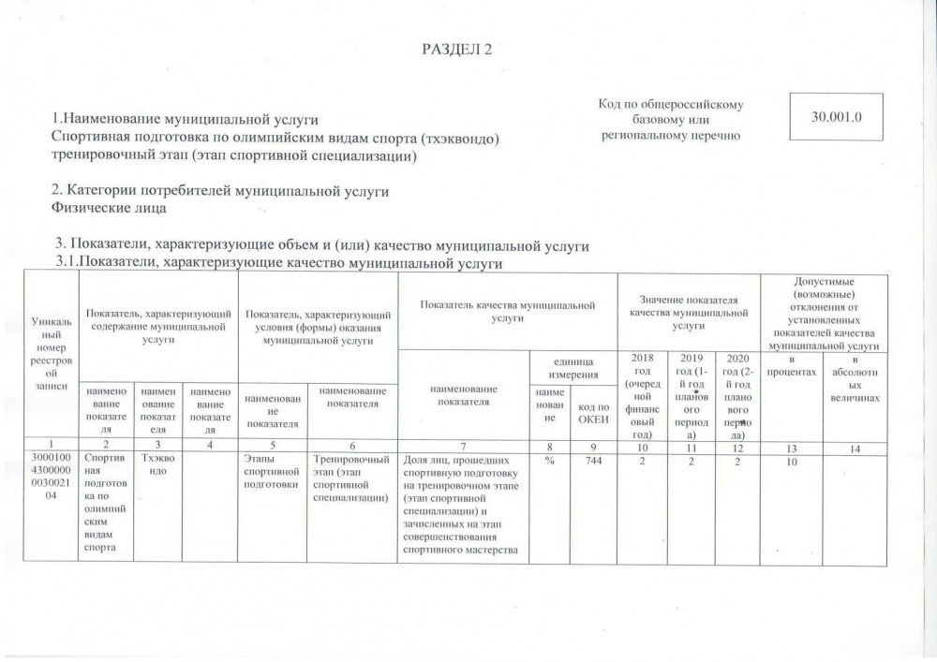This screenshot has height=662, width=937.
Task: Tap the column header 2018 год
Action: [x=641, y=396]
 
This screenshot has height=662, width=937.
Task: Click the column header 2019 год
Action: [x=689, y=396]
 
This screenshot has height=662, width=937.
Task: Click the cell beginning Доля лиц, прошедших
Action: [x=463, y=510]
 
